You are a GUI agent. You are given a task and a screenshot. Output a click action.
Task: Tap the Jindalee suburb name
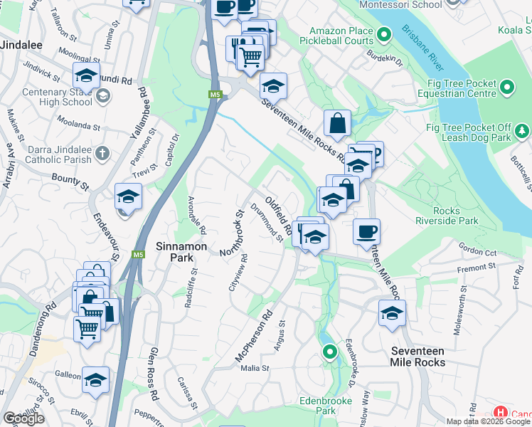click(x=21, y=44)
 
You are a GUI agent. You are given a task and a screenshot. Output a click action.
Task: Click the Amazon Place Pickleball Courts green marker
click(x=384, y=33)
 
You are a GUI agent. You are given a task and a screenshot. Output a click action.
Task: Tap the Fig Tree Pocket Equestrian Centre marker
click(x=506, y=88)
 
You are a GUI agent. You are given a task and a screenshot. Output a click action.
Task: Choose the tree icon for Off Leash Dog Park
click(x=523, y=131)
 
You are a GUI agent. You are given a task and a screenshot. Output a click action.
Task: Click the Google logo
click(x=23, y=418)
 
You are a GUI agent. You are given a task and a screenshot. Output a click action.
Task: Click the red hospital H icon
click(x=501, y=413)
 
